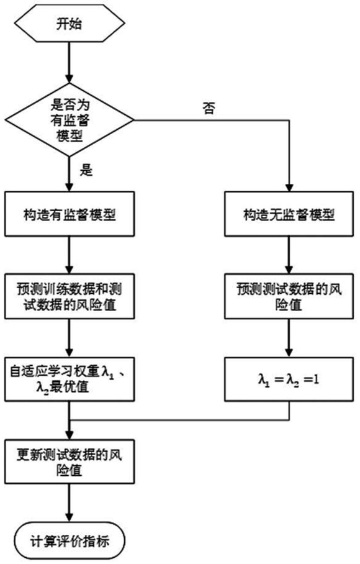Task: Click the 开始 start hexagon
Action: pyautogui.click(x=70, y=24)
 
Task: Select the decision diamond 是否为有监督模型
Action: pyautogui.click(x=70, y=120)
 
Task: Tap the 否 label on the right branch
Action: pyautogui.click(x=209, y=107)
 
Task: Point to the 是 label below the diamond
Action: pyautogui.click(x=86, y=170)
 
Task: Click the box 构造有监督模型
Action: pyautogui.click(x=70, y=214)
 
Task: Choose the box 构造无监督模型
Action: pyautogui.click(x=289, y=214)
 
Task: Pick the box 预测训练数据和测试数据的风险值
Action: pyautogui.click(x=70, y=296)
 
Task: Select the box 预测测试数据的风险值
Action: pyautogui.click(x=289, y=296)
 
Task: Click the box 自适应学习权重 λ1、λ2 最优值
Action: pyautogui.click(x=70, y=379)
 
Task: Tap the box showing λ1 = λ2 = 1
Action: pyautogui.click(x=289, y=379)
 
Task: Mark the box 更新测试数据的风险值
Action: pyautogui.click(x=70, y=462)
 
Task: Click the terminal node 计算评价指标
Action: pyautogui.click(x=70, y=541)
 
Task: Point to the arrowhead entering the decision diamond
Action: pyautogui.click(x=70, y=79)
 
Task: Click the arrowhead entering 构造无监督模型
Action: pyautogui.click(x=289, y=188)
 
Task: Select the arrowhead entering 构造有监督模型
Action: pyautogui.click(x=70, y=188)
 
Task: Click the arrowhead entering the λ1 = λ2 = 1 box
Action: pyautogui.click(x=289, y=353)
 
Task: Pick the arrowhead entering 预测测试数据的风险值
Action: pyautogui.click(x=289, y=270)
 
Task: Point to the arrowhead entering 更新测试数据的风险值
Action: pyautogui.click(x=70, y=435)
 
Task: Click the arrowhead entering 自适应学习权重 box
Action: pyautogui.click(x=70, y=353)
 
